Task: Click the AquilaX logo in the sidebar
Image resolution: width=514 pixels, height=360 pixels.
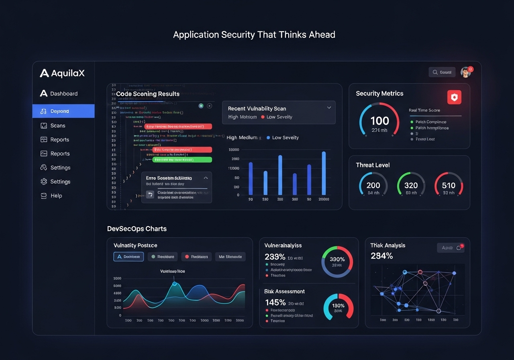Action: point(62,73)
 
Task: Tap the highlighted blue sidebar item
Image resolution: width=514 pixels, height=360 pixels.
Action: point(63,111)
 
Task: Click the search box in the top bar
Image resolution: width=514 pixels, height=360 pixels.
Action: point(442,72)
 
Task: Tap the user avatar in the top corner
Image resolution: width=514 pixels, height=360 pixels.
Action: point(465,72)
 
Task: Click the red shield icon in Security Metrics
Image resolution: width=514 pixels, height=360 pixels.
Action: point(454,97)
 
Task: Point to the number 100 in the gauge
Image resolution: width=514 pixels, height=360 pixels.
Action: point(379,121)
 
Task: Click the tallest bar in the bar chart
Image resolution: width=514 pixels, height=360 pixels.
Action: point(324,173)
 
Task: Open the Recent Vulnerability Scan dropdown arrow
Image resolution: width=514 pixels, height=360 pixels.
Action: point(329,108)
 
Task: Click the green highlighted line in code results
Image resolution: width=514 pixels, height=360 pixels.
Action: point(182,160)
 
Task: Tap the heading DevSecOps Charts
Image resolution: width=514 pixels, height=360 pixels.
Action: point(137,229)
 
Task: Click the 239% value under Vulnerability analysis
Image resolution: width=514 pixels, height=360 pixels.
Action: point(275,257)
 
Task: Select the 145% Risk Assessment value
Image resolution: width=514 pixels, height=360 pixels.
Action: point(275,303)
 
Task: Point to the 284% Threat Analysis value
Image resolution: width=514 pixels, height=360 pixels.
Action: point(381,256)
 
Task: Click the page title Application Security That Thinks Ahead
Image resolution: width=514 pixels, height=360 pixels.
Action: point(254,35)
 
